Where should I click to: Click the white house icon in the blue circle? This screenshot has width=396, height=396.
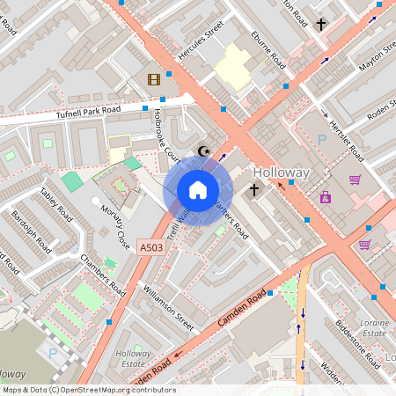click(198, 190)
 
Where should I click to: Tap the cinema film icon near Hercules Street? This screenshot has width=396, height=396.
click(155, 80)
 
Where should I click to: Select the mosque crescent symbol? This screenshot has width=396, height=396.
click(205, 150)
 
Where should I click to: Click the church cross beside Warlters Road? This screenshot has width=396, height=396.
click(254, 189)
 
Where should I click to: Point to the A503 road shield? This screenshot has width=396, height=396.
click(151, 249)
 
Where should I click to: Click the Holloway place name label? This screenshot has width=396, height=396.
click(281, 173)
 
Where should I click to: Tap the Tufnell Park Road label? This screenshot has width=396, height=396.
click(87, 112)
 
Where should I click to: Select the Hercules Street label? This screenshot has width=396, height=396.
click(195, 47)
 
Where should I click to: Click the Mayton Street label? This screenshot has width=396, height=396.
click(378, 59)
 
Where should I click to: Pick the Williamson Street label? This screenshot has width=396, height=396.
click(166, 305)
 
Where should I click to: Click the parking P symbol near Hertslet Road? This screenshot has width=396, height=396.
click(321, 139)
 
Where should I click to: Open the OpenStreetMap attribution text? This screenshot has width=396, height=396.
click(88, 390)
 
